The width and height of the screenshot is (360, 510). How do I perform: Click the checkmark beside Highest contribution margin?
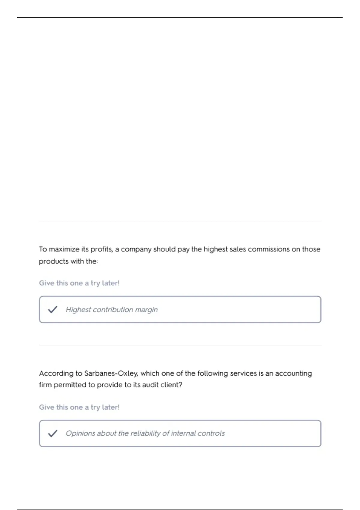click(x=52, y=309)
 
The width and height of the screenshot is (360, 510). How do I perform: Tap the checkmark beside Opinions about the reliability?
click(x=52, y=433)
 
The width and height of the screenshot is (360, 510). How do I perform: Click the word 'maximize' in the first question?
click(x=64, y=249)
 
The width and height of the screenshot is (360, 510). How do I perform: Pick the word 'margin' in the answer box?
click(x=146, y=310)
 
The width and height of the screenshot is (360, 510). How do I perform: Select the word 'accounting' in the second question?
click(x=293, y=373)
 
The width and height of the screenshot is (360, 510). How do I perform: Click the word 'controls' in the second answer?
click(x=212, y=433)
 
